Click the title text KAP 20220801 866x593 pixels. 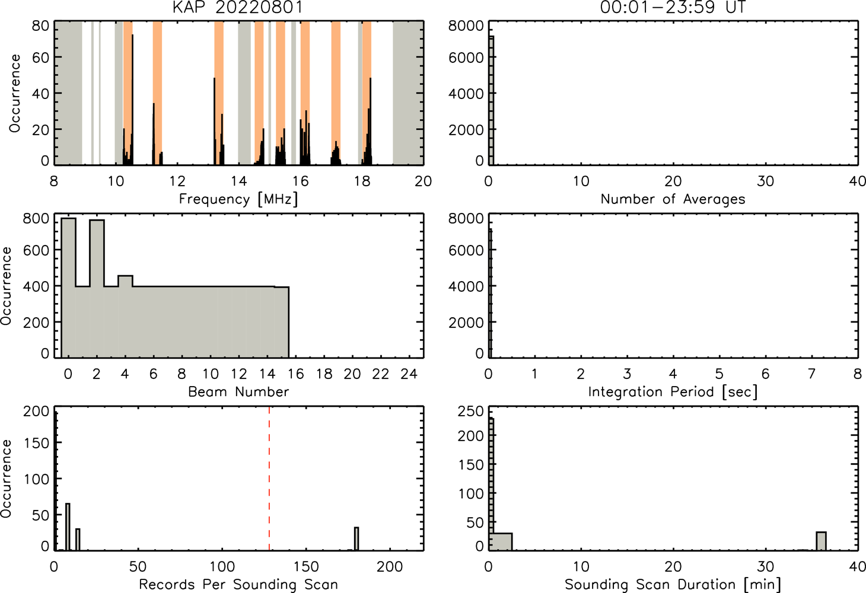[x=238, y=7]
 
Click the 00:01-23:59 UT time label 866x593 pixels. [x=673, y=7]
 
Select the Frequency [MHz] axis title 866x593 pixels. [x=238, y=199]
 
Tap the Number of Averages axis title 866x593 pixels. [x=673, y=199]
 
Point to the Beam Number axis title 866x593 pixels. [x=238, y=391]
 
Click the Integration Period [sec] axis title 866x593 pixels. [x=673, y=391]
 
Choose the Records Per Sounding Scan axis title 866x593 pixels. [x=238, y=584]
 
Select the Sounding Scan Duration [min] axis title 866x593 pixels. [x=673, y=584]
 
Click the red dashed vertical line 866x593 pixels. [x=269, y=478]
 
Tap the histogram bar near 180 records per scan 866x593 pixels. [x=356, y=538]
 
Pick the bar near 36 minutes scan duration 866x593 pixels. [x=821, y=541]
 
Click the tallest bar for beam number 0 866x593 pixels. [x=68, y=288]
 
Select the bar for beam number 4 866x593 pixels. [x=125, y=317]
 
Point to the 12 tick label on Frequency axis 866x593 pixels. [x=177, y=181]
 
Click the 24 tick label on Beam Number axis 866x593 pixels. [x=409, y=374]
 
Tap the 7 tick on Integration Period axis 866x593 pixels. [x=811, y=374]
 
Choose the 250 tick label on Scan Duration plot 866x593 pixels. [x=470, y=412]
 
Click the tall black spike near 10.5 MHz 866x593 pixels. [x=132, y=100]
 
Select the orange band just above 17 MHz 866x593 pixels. [x=336, y=93]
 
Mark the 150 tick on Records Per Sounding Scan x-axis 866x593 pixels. [x=306, y=567]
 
